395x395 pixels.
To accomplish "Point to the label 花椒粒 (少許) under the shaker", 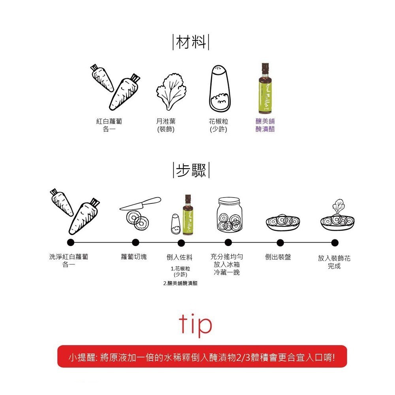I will click(x=218, y=125).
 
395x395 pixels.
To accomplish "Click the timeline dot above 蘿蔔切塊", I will click(x=135, y=242).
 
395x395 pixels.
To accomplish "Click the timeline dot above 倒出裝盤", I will click(x=280, y=242).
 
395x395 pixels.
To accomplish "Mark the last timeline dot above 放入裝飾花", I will click(x=335, y=242).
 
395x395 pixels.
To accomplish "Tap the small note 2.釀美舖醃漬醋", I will click(x=180, y=283).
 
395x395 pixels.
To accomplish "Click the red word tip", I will click(x=195, y=325).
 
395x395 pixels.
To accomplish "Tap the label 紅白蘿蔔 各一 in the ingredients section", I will click(x=109, y=125).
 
